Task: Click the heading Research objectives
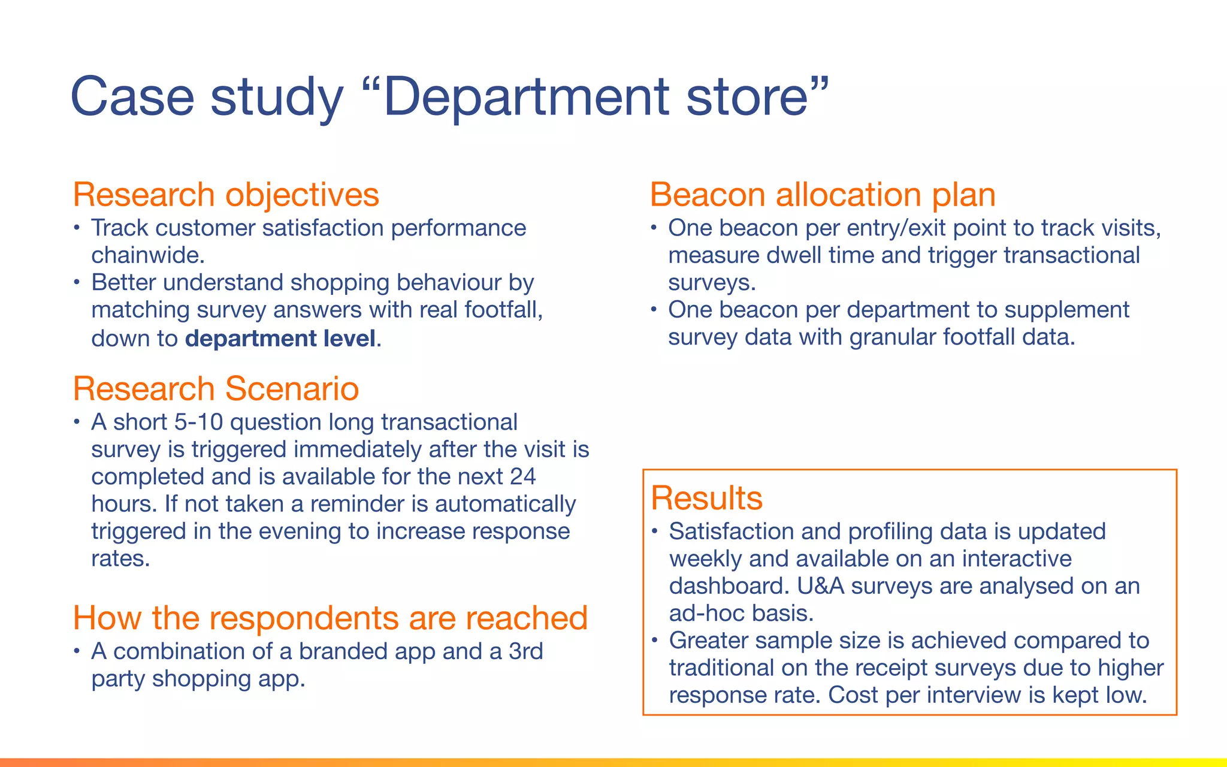pyautogui.click(x=226, y=195)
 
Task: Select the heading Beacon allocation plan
pyautogui.click(x=822, y=195)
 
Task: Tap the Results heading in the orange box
pyautogui.click(x=706, y=498)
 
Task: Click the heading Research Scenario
pyautogui.click(x=216, y=388)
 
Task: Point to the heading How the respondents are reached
pyautogui.click(x=330, y=618)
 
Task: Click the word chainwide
pyautogui.click(x=148, y=255)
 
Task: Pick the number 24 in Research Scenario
pyautogui.click(x=522, y=477)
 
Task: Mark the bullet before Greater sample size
pyautogui.click(x=655, y=641)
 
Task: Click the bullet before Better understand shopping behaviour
pyautogui.click(x=77, y=282)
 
